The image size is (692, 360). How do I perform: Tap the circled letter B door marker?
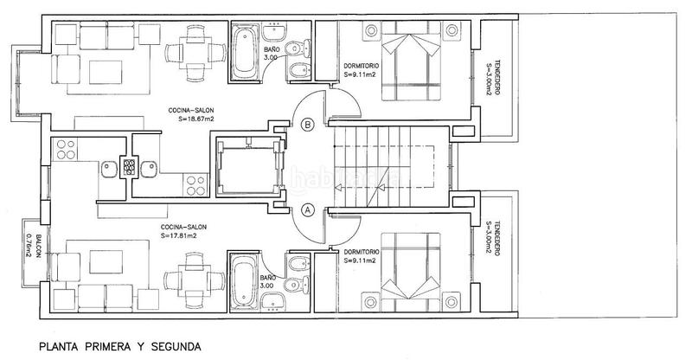[307, 125]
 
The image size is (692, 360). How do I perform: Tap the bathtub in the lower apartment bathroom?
[244, 282]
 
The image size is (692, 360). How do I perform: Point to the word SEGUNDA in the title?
[173, 347]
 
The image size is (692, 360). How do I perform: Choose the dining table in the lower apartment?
[184, 283]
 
